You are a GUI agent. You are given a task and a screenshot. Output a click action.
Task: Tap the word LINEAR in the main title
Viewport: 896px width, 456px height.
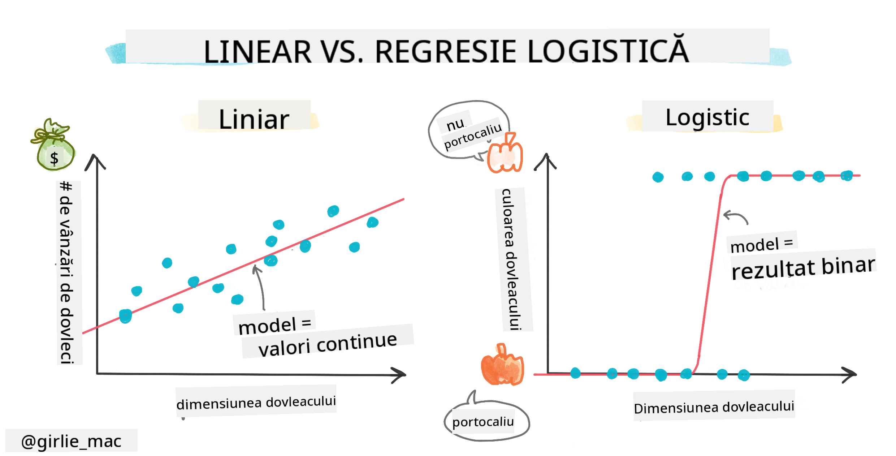point(257,52)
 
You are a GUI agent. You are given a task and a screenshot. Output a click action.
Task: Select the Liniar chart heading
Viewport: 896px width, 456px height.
point(254,119)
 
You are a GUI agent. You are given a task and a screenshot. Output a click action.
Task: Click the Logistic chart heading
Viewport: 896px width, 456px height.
point(707,117)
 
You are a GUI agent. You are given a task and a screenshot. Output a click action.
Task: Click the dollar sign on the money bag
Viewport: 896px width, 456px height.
point(54,158)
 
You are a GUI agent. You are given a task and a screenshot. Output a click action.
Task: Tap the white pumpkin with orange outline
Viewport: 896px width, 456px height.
point(505,155)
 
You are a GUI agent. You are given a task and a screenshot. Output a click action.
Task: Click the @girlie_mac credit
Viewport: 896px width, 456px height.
point(71,441)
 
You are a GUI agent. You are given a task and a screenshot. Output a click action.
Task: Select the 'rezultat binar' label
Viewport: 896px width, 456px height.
point(802,267)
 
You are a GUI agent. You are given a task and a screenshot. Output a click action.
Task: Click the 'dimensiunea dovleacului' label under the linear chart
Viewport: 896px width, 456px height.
point(256,402)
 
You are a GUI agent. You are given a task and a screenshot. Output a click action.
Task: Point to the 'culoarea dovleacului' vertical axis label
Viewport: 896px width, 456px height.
point(513,259)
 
